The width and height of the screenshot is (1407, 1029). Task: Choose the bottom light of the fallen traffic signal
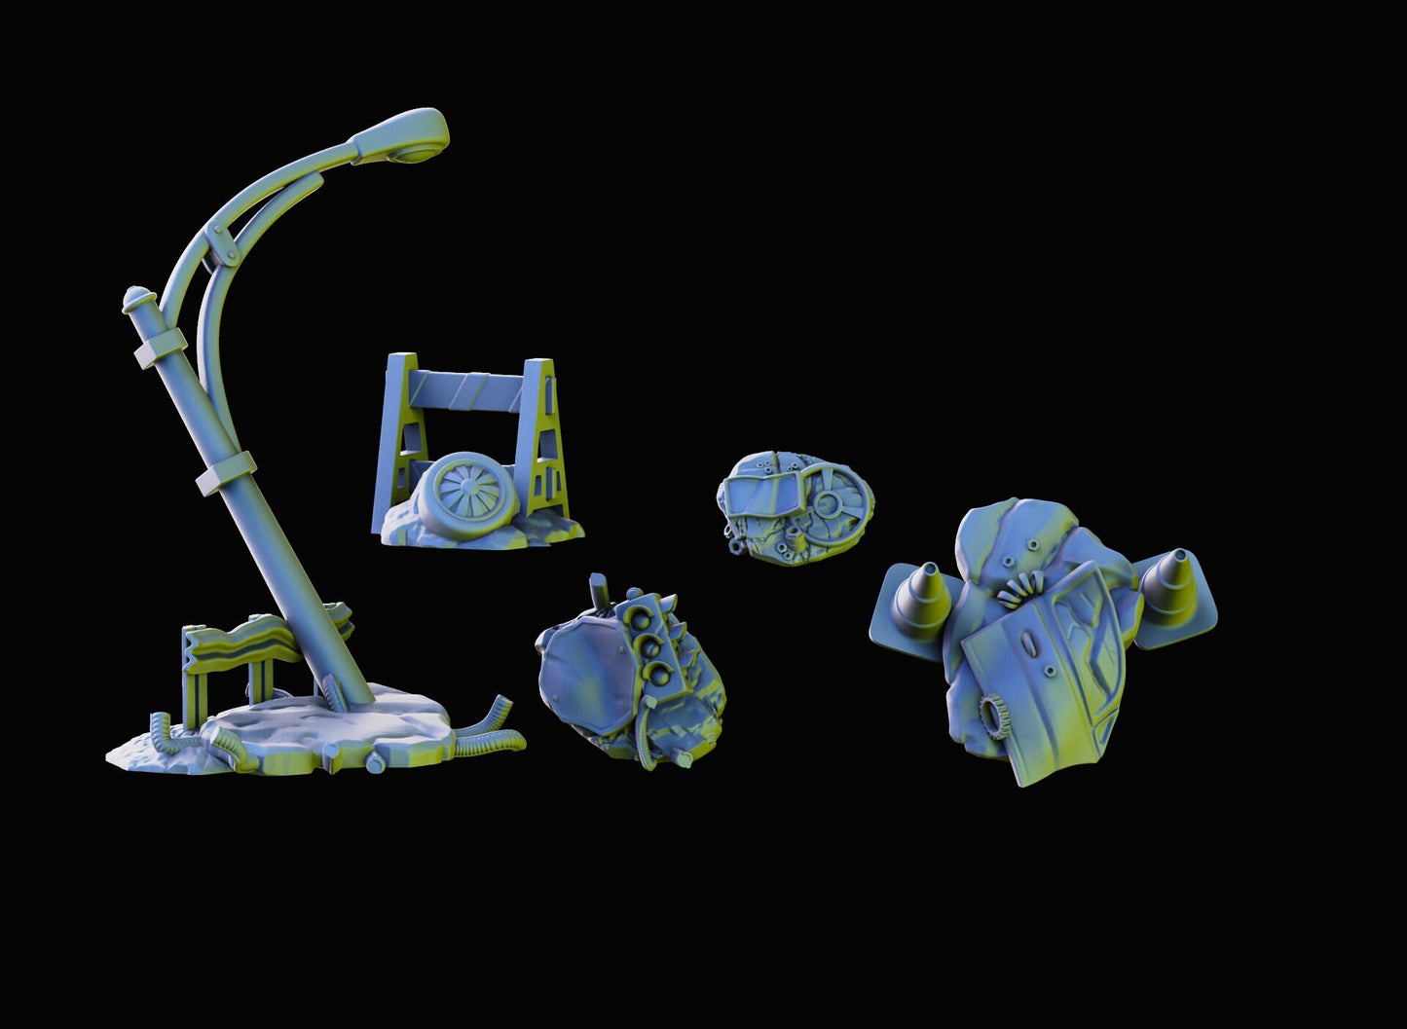[663, 673]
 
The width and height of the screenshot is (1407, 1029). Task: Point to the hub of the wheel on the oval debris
[827, 504]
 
